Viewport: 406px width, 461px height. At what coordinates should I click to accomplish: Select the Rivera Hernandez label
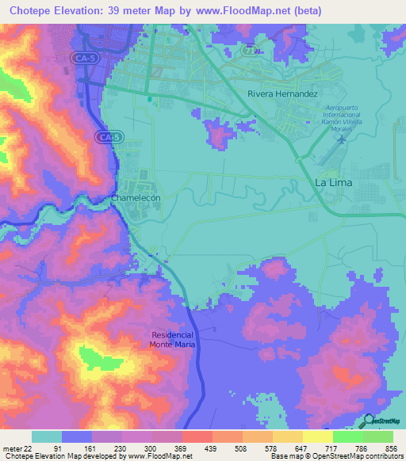(x=282, y=93)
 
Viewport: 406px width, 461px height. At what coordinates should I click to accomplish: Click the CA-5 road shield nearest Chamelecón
(x=109, y=137)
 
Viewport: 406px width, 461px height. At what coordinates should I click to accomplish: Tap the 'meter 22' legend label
(x=17, y=448)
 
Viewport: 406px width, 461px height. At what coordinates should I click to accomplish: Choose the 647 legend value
(x=301, y=448)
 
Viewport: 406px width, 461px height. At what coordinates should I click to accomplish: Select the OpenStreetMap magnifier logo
(x=370, y=421)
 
